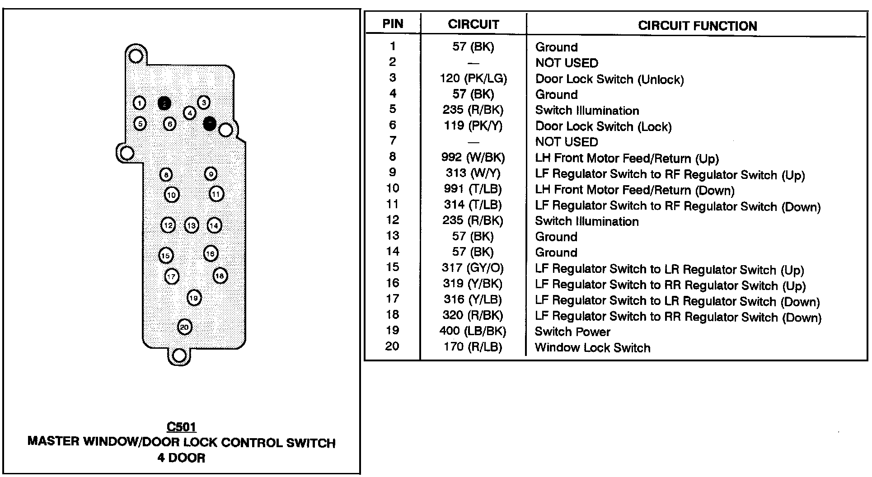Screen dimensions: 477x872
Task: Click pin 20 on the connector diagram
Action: click(x=184, y=327)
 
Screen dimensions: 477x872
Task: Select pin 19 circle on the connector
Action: click(x=194, y=298)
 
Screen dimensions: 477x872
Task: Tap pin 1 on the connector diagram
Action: click(x=140, y=103)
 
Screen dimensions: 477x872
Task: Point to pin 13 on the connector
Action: click(x=192, y=225)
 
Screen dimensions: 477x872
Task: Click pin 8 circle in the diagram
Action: click(x=166, y=174)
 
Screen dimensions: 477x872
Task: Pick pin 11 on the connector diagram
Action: click(x=216, y=194)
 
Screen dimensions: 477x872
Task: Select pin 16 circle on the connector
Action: click(x=211, y=254)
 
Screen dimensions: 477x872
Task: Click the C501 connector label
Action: click(x=181, y=427)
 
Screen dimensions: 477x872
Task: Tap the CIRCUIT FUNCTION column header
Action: click(x=697, y=26)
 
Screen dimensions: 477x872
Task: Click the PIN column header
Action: click(x=393, y=24)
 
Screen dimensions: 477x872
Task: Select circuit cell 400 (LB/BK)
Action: click(x=473, y=331)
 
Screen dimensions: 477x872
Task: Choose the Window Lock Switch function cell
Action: click(x=592, y=347)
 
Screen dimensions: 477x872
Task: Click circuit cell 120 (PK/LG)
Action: click(x=473, y=79)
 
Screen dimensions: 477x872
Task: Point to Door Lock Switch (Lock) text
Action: click(x=603, y=126)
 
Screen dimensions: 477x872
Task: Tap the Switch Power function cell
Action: click(x=572, y=332)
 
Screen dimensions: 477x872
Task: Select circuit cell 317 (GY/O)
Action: click(x=473, y=268)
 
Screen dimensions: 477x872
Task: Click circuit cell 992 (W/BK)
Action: click(x=473, y=157)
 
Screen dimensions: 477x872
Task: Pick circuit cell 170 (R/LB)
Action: click(x=473, y=347)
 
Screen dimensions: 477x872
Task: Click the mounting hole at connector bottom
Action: click(x=179, y=355)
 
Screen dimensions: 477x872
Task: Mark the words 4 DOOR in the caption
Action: click(x=181, y=458)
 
